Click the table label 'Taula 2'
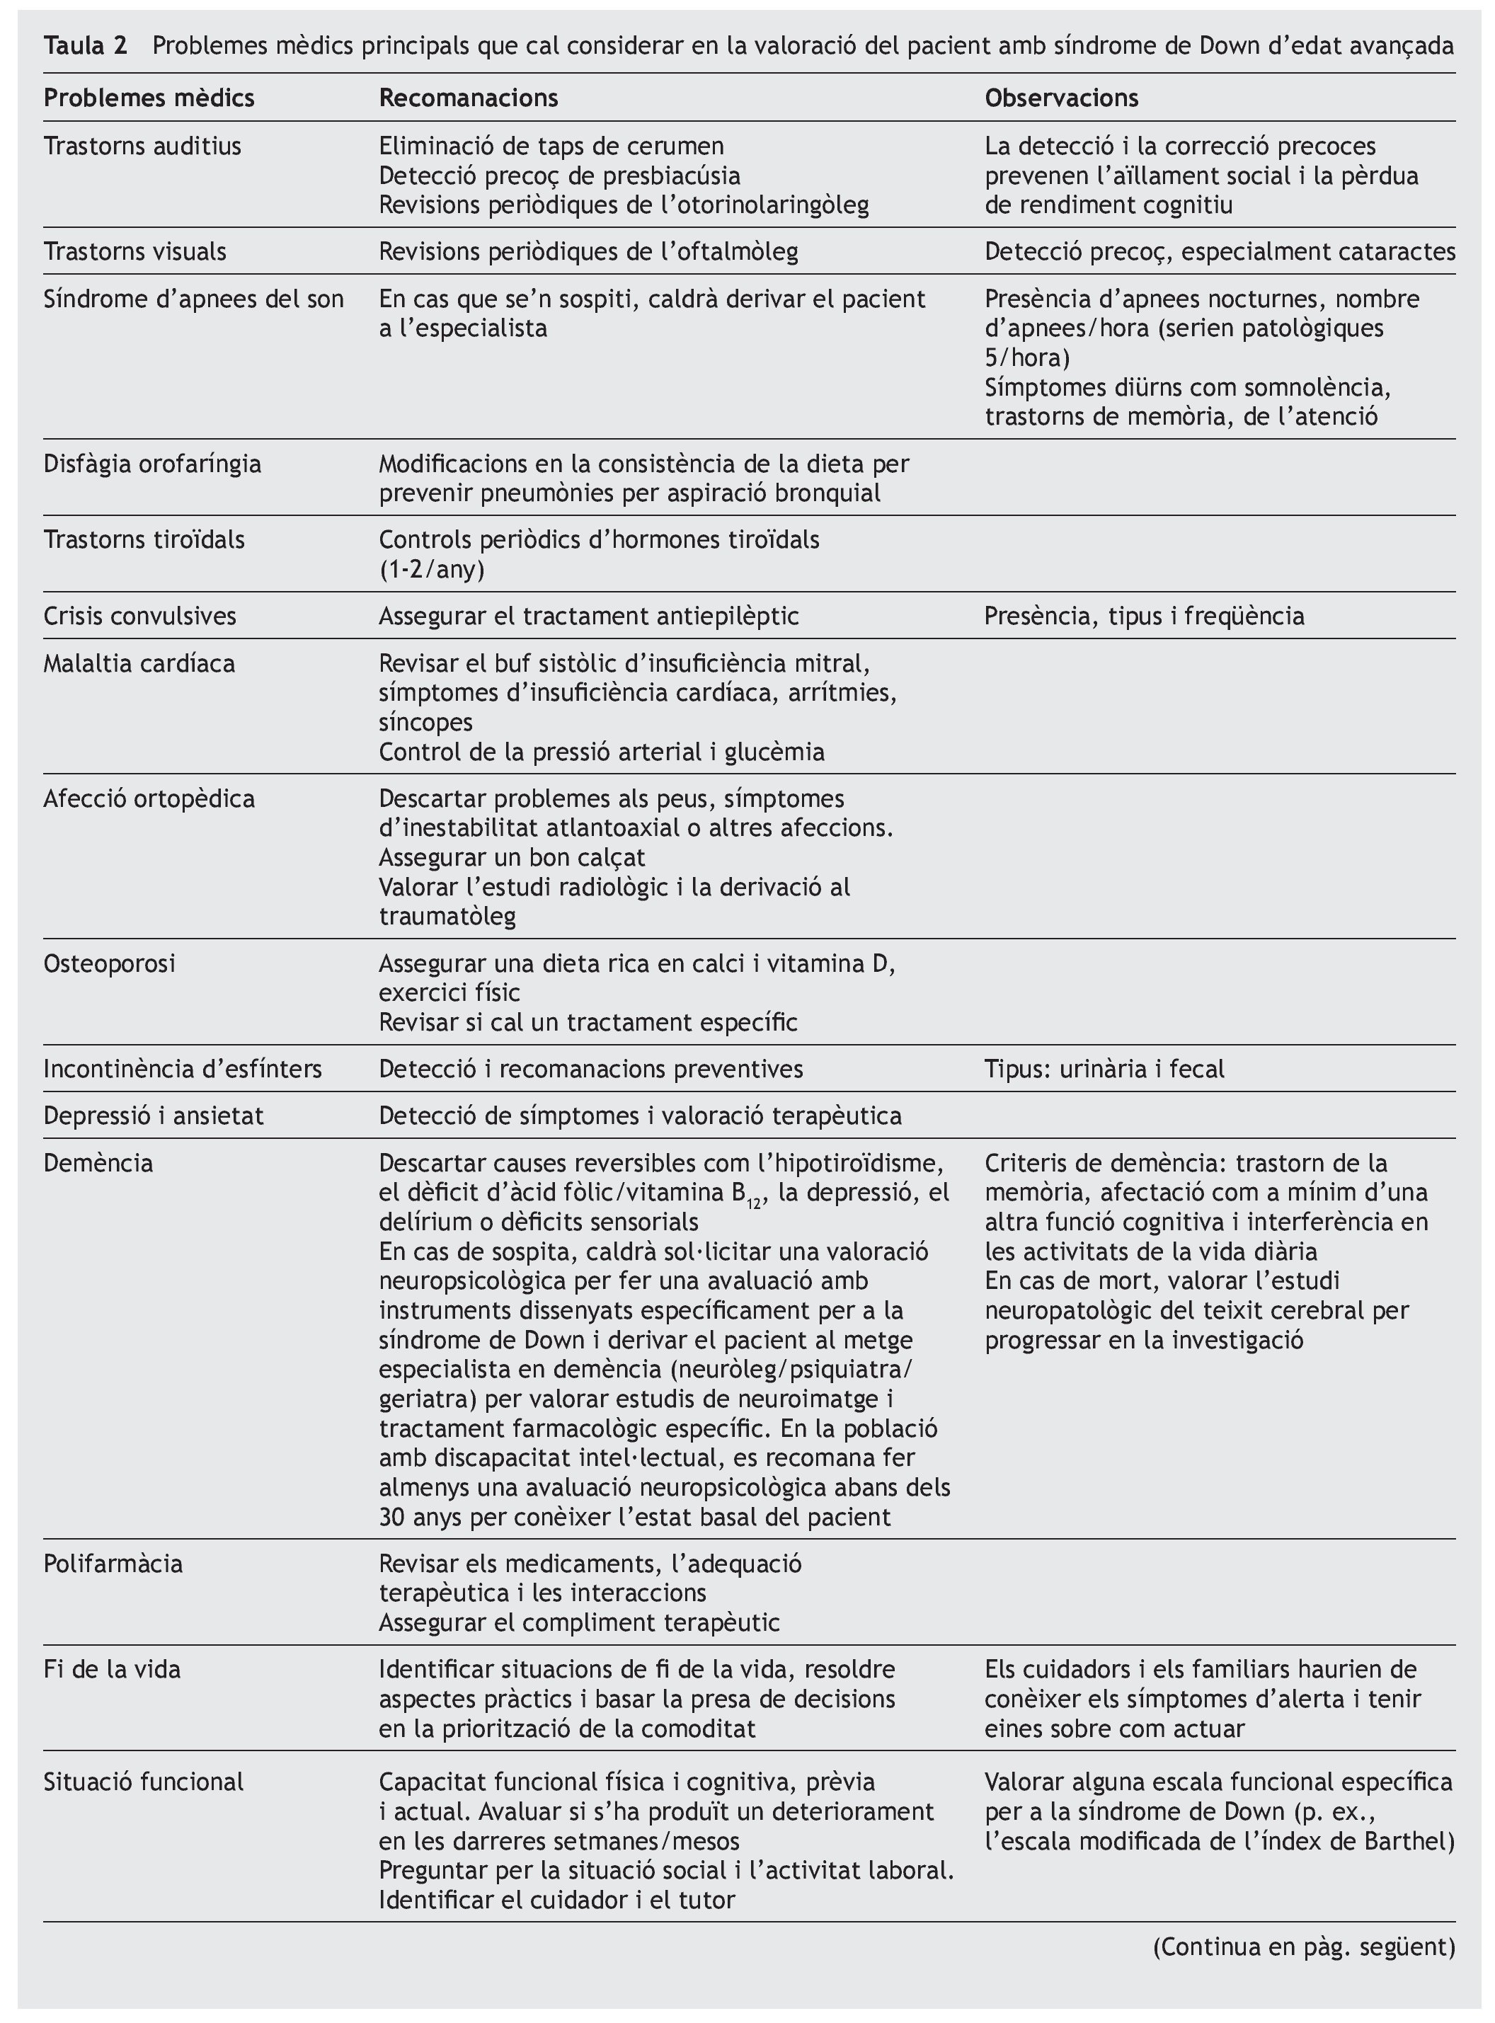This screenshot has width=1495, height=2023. click(86, 45)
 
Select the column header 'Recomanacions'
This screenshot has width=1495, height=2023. click(468, 98)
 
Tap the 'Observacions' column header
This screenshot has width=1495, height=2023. click(1062, 98)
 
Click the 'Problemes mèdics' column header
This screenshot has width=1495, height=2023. click(149, 98)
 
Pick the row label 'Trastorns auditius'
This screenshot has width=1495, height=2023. click(142, 146)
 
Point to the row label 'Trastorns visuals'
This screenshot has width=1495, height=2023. click(134, 251)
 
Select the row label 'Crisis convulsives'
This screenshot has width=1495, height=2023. click(139, 616)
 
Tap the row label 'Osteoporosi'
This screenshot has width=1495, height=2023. click(110, 963)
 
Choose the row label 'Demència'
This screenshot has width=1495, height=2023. click(98, 1162)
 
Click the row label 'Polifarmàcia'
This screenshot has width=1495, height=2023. click(113, 1564)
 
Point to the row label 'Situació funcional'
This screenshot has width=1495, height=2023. click(144, 1782)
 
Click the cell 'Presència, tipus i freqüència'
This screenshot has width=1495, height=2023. click(1144, 616)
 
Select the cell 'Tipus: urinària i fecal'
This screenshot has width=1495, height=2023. click(1104, 1069)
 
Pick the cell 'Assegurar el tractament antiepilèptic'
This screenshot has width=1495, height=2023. click(588, 616)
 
